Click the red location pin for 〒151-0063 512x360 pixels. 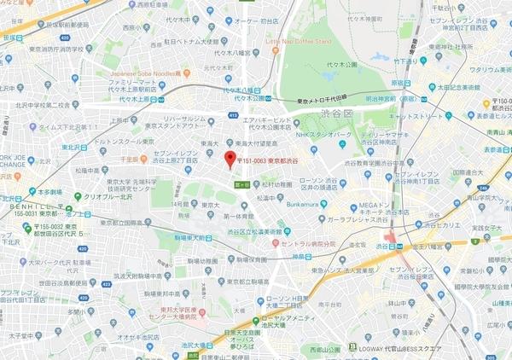[227, 160]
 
